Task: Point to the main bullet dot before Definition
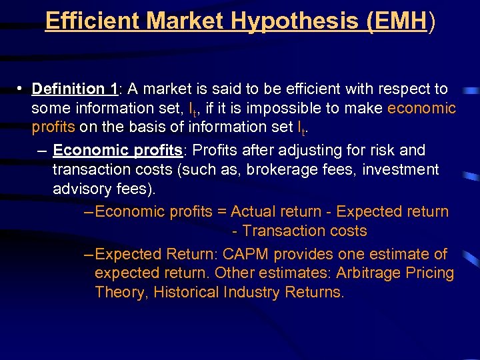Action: click(x=21, y=89)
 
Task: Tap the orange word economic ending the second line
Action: click(x=421, y=108)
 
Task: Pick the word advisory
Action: click(x=82, y=189)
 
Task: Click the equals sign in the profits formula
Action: click(x=223, y=212)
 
